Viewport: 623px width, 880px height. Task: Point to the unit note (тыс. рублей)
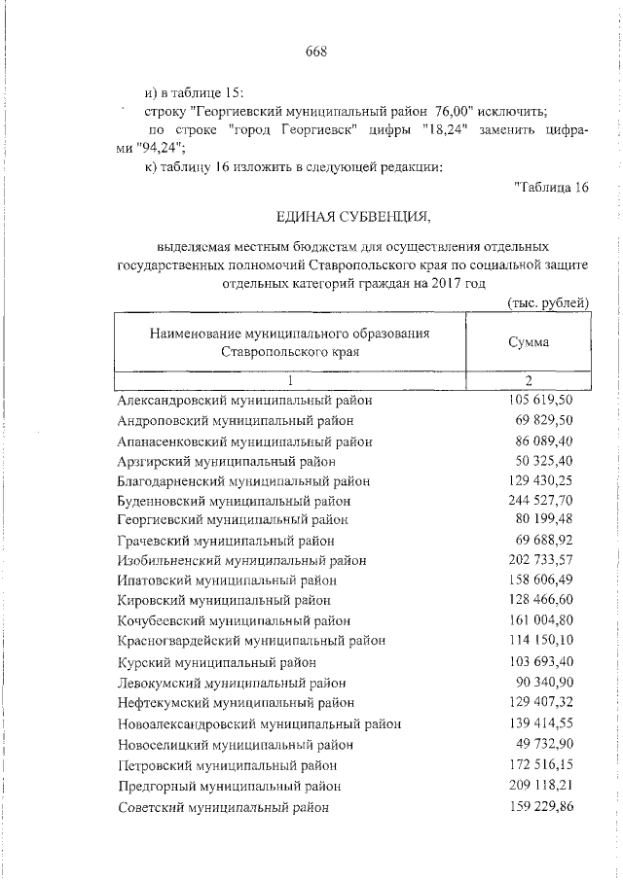548,303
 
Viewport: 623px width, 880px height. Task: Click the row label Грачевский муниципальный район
226,541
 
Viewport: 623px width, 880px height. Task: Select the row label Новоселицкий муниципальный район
235,745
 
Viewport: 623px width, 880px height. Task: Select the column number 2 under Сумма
528,380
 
